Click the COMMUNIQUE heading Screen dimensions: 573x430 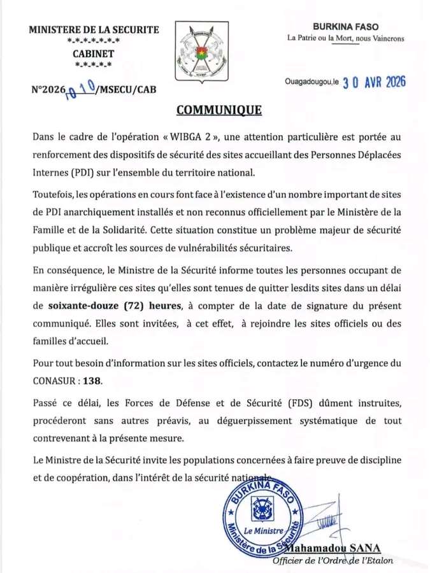219,110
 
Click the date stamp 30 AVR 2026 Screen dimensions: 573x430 374,83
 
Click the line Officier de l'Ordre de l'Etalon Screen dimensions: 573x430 333,561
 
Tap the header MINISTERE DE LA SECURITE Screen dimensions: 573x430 94,29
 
